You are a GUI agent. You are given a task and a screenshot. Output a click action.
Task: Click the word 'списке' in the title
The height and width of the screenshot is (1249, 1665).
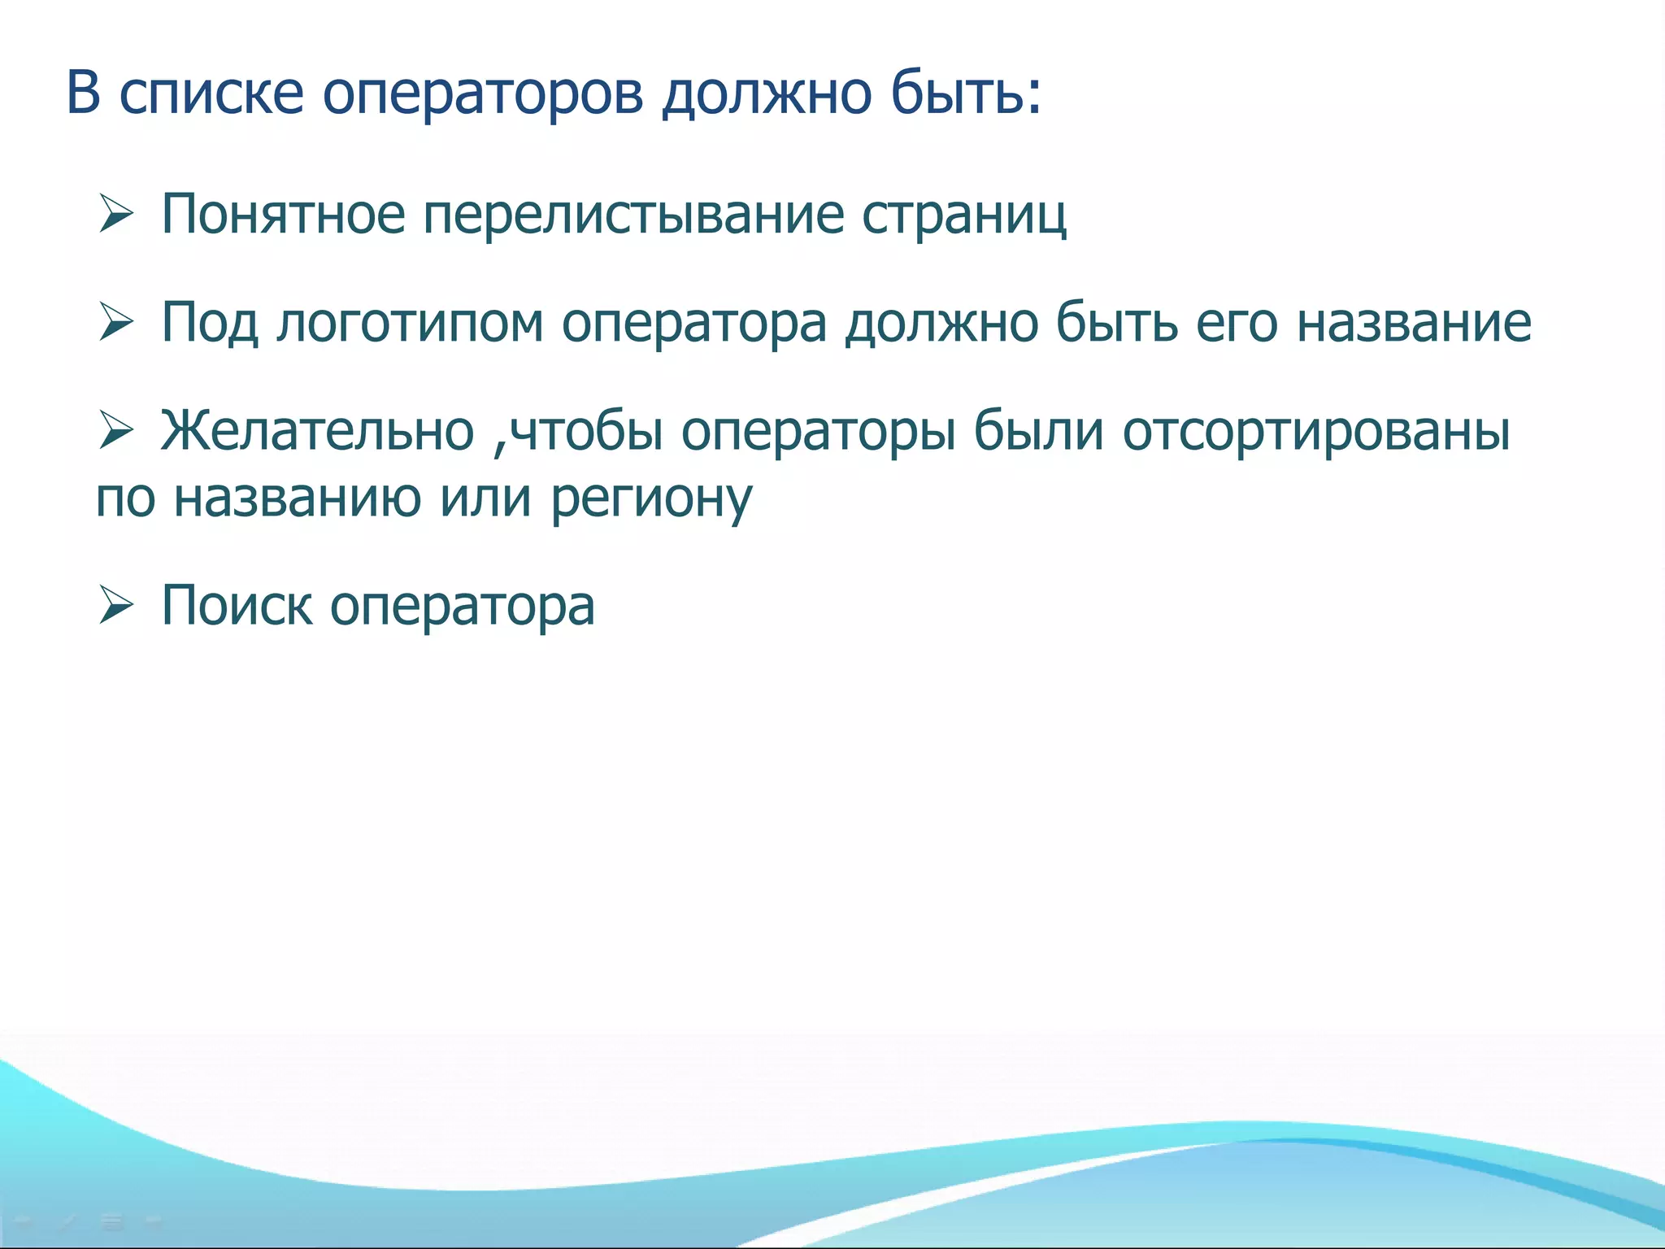tap(211, 94)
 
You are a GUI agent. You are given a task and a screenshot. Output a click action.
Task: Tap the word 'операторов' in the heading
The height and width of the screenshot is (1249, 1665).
tap(483, 94)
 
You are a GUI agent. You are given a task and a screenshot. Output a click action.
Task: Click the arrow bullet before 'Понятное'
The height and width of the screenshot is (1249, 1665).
tap(115, 215)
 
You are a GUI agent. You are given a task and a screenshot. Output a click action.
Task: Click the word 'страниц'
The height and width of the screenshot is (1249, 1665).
tap(964, 215)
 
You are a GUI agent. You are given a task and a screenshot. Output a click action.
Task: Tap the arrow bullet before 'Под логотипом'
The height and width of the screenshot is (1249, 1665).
tap(115, 323)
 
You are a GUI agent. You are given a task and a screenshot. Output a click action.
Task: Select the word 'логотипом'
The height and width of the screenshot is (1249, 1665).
tap(410, 323)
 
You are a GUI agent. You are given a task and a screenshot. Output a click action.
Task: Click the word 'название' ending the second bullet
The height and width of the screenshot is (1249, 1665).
tap(1414, 323)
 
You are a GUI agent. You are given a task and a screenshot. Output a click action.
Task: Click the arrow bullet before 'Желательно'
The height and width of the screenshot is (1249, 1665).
tap(115, 431)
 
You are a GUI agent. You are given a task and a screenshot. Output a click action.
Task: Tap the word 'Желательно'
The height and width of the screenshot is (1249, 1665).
tap(317, 431)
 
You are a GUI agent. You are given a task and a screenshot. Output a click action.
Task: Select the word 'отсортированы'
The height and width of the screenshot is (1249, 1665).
tap(1316, 431)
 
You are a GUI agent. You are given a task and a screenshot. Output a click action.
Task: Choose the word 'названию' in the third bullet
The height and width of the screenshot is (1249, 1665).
tap(298, 498)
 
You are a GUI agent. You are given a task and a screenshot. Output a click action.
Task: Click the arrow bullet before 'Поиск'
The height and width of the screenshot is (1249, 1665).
tap(115, 606)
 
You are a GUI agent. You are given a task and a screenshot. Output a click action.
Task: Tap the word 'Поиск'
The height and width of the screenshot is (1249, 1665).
tap(237, 606)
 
